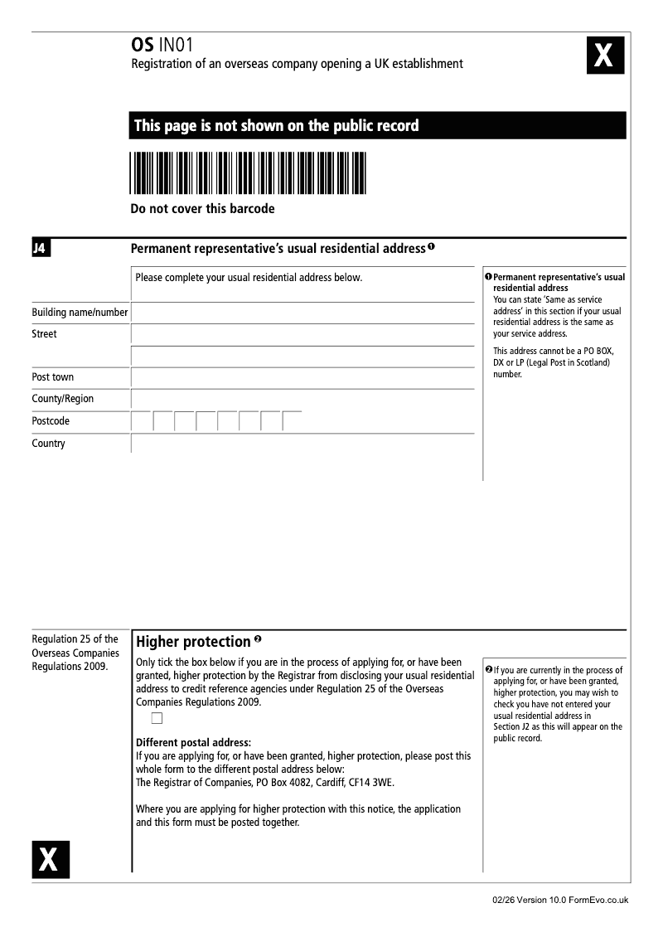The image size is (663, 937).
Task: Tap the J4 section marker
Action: [41, 248]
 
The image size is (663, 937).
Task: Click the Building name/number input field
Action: [302, 313]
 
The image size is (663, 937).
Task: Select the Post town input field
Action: [302, 377]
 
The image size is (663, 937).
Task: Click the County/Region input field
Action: [302, 399]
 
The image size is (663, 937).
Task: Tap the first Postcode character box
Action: [142, 421]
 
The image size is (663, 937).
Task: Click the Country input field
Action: [302, 444]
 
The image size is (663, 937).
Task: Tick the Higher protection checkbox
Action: [157, 718]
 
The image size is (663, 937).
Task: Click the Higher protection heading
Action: [193, 642]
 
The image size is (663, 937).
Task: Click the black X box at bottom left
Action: [51, 859]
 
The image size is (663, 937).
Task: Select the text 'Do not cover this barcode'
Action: [202, 209]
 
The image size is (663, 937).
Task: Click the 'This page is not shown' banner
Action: [377, 126]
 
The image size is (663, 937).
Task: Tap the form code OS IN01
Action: [162, 46]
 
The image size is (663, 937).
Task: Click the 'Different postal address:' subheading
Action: [193, 742]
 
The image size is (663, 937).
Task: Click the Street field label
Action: [44, 334]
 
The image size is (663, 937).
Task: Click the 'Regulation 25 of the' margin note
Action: [75, 639]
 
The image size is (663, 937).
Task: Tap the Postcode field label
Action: [51, 421]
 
